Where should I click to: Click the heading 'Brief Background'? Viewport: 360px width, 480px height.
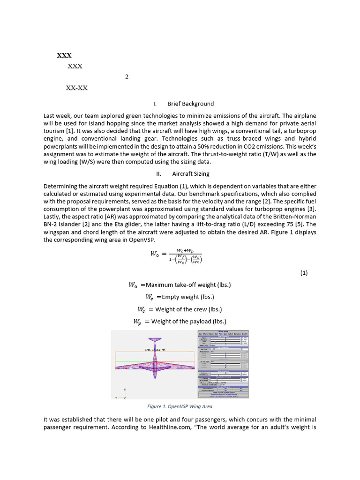190,104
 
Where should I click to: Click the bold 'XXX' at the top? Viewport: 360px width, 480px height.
64,55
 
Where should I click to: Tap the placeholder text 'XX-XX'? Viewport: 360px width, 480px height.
76,88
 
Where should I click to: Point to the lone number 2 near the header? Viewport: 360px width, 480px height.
127,77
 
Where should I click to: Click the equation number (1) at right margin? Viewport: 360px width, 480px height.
304,273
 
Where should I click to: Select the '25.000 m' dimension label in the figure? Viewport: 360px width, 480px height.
155,349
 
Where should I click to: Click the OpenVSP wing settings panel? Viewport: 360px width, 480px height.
223,364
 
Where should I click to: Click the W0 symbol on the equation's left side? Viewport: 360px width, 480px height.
155,254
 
